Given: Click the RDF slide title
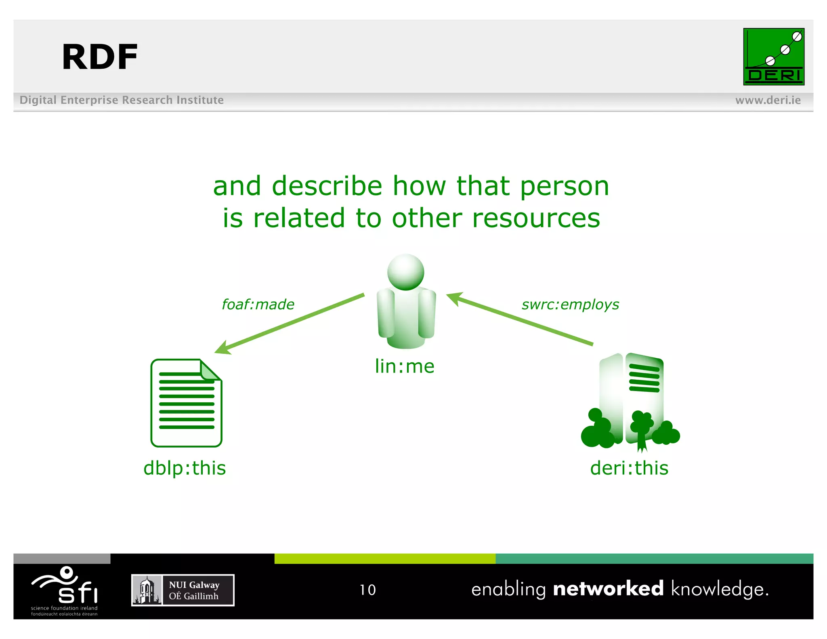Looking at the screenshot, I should (x=100, y=57).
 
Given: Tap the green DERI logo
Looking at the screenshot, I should (x=773, y=57).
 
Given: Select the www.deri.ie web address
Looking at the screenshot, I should (x=768, y=100).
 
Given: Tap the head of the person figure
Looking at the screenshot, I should (x=405, y=272).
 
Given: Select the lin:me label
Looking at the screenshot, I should (x=405, y=366).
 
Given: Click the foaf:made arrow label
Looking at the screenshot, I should (x=258, y=304).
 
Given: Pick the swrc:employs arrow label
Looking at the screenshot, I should (x=570, y=304).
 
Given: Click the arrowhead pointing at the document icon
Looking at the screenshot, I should (x=222, y=348).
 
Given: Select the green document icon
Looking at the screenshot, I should (x=186, y=403).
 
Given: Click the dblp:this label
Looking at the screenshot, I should (x=185, y=468).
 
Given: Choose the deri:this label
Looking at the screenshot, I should (x=629, y=468).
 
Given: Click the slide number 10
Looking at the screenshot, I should (x=367, y=590).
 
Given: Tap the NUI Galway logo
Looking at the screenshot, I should (x=183, y=590).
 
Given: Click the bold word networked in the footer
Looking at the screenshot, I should (x=608, y=589).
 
